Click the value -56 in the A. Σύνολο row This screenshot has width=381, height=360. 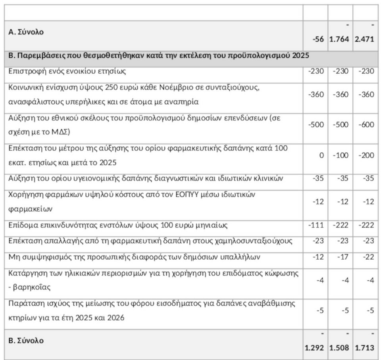[318, 39]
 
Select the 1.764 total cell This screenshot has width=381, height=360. [340, 39]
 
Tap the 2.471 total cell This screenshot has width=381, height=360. [365, 39]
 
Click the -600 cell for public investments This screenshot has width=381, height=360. [366, 124]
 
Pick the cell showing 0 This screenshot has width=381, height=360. [322, 155]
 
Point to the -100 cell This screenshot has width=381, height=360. [341, 155]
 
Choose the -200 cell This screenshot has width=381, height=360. [366, 155]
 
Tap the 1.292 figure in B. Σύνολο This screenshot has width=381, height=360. [315, 348]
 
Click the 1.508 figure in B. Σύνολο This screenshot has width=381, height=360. [340, 348]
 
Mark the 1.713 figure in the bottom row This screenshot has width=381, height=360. [365, 348]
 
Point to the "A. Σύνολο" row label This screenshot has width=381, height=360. [26, 32]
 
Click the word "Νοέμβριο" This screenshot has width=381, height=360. [175, 87]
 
